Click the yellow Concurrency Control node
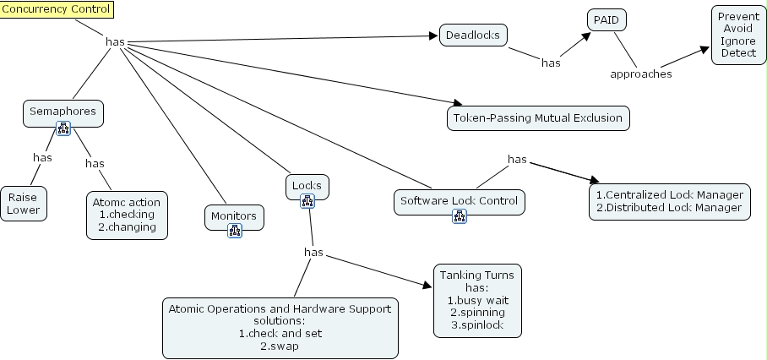click(57, 9)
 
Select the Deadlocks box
click(473, 35)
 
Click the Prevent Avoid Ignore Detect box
click(738, 35)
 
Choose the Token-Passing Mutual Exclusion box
click(538, 117)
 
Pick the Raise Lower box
click(24, 203)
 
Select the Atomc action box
click(128, 215)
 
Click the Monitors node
click(234, 216)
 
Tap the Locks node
click(307, 185)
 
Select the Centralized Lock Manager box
click(669, 201)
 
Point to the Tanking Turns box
click(478, 299)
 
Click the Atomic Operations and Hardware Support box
click(280, 327)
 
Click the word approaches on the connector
click(641, 74)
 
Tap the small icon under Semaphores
click(63, 128)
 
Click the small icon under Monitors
click(235, 231)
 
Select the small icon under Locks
click(307, 200)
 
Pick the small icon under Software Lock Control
click(460, 216)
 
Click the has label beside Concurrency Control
click(116, 41)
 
